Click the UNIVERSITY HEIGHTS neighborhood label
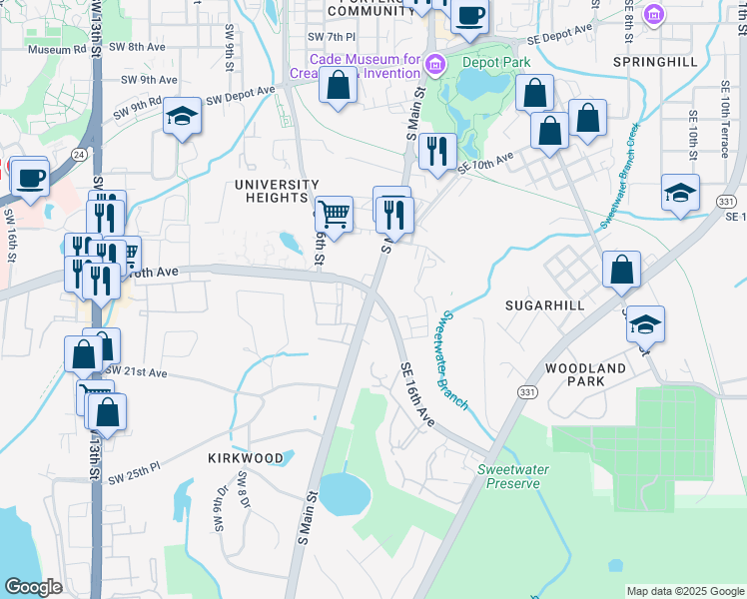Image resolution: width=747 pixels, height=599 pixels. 276,192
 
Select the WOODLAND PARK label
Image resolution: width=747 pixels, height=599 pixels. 585,374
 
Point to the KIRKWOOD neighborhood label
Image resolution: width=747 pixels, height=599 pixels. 245,457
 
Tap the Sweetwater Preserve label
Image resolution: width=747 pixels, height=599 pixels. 509,476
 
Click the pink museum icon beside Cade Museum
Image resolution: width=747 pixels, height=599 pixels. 434,66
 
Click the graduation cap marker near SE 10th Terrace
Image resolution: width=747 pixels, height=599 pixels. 680,194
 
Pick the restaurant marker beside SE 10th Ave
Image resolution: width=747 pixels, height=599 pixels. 437,152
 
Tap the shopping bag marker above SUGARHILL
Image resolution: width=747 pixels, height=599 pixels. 621,270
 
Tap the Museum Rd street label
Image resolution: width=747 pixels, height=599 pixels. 57,49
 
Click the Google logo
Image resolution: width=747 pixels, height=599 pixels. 33,587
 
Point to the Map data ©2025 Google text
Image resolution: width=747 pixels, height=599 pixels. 684,591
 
